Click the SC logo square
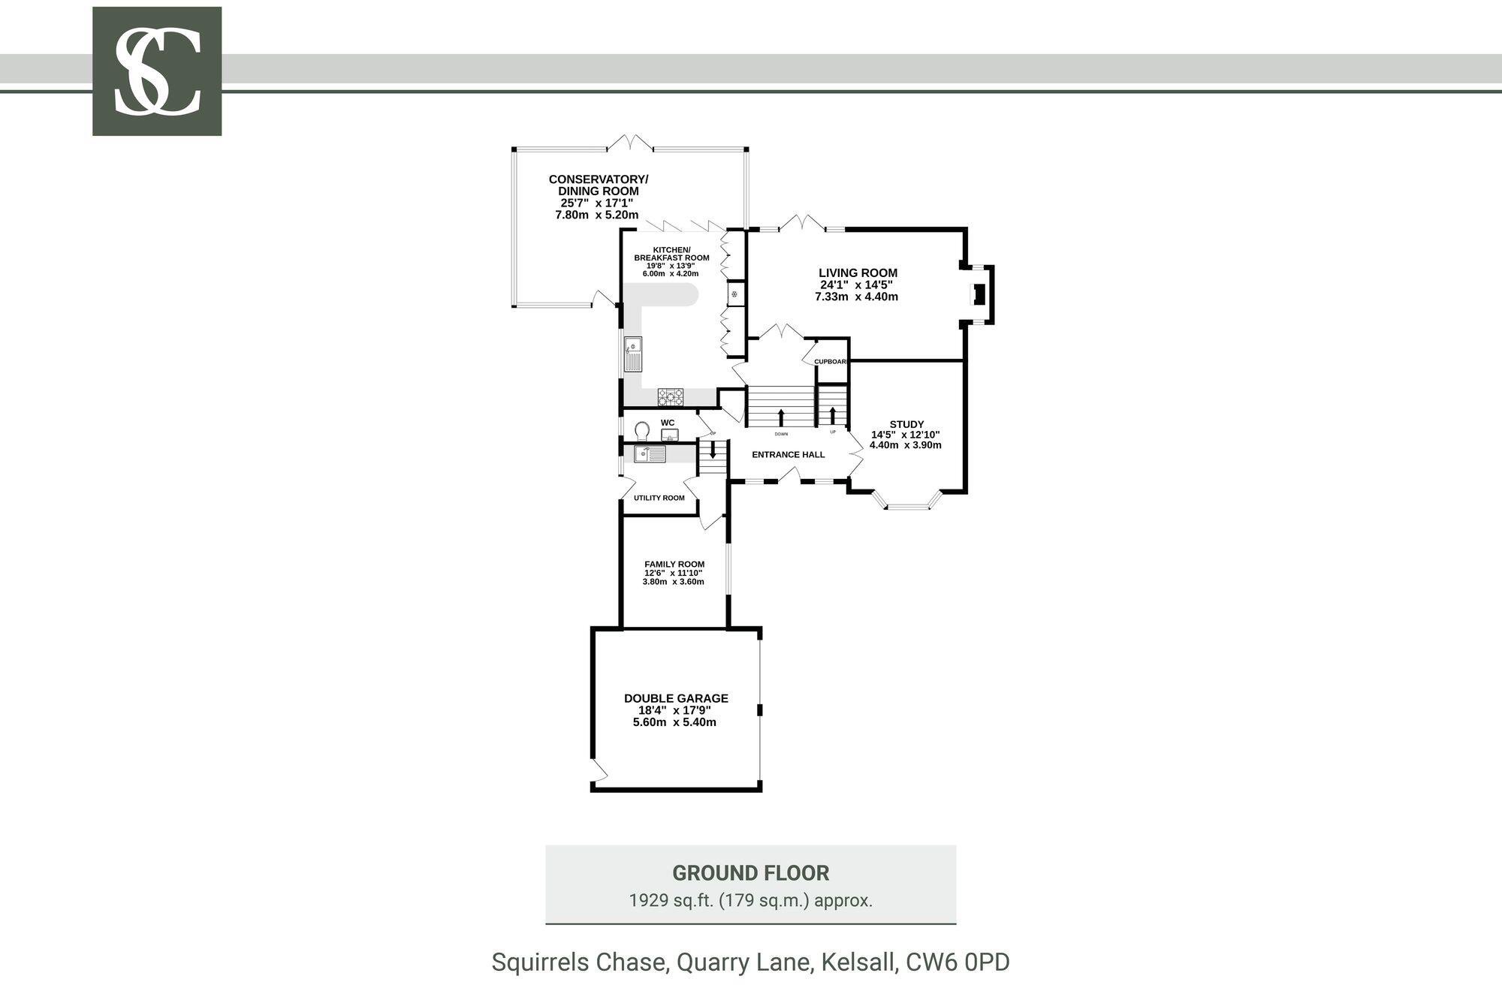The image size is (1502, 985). [157, 71]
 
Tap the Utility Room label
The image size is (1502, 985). [659, 498]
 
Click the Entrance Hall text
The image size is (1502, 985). [788, 454]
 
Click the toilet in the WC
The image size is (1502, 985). [641, 431]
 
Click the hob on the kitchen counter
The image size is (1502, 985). [671, 395]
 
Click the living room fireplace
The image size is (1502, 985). [979, 294]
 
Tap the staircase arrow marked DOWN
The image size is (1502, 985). [781, 417]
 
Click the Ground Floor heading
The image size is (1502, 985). [750, 873]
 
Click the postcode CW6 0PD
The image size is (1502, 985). [958, 962]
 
